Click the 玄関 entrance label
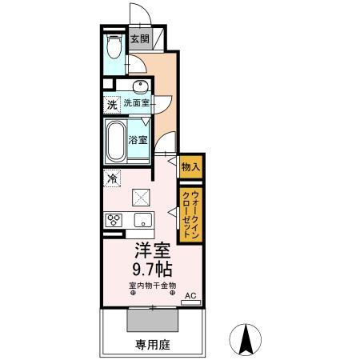click(x=139, y=38)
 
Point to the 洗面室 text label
click(x=138, y=104)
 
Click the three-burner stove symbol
click(x=112, y=221)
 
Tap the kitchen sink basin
click(x=143, y=221)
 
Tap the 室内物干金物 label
click(x=152, y=285)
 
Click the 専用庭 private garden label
click(x=151, y=346)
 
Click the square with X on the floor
click(x=140, y=196)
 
